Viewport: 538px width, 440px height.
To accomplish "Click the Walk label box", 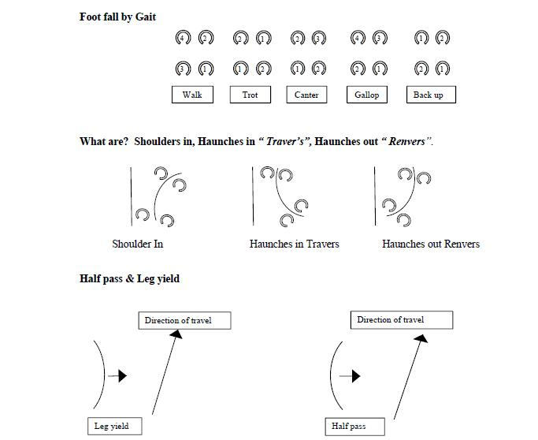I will click(x=192, y=95).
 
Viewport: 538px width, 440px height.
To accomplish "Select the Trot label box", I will click(x=250, y=95).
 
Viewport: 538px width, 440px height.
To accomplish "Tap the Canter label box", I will click(x=306, y=95).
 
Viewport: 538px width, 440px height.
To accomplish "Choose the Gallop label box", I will click(x=366, y=95).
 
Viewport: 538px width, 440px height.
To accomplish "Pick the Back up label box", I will click(x=429, y=95).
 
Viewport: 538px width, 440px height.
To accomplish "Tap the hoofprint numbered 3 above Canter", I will click(x=319, y=38).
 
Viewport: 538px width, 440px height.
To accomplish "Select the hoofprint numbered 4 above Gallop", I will click(x=358, y=38).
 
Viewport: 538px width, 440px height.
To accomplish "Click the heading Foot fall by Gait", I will click(x=117, y=17).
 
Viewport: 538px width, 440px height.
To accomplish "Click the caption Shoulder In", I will click(x=138, y=244).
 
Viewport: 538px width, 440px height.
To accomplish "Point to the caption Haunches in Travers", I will click(x=294, y=244).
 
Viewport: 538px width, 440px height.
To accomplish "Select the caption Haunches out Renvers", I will click(x=431, y=244).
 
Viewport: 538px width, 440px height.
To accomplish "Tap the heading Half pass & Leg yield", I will click(x=129, y=278).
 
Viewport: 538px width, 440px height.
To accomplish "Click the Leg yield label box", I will click(x=111, y=427).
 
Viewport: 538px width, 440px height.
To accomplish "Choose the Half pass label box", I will click(x=348, y=427).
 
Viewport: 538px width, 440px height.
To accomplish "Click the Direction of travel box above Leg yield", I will click(x=178, y=320).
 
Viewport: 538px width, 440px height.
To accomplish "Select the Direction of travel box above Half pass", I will click(x=402, y=319).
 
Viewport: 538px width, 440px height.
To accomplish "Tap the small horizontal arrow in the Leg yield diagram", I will click(x=117, y=376).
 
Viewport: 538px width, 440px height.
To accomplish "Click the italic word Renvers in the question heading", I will click(x=406, y=142).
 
